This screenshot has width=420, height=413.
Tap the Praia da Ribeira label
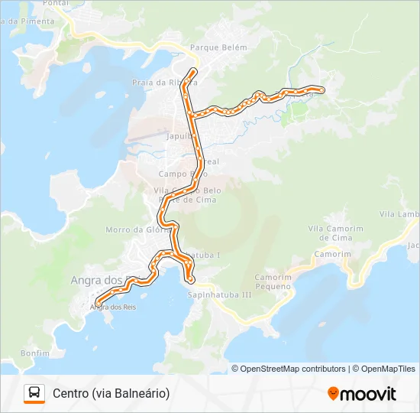pos(164,82)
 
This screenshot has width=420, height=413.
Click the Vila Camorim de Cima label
pos(335,233)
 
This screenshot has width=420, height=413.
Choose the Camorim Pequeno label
pos(273,281)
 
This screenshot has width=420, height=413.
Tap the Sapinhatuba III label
pos(219,294)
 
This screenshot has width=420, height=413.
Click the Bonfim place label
pos(35,353)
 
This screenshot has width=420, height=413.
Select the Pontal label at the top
pos(56,4)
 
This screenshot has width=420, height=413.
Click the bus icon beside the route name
pos(34,393)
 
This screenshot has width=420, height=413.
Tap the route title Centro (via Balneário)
pos(111,393)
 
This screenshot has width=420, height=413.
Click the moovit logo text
pos(368,394)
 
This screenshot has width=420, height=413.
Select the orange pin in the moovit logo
pos(333,394)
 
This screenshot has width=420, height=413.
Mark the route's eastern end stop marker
pos(321,90)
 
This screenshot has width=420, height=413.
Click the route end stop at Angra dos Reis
pos(99,302)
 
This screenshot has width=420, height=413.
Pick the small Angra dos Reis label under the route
pos(108,307)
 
